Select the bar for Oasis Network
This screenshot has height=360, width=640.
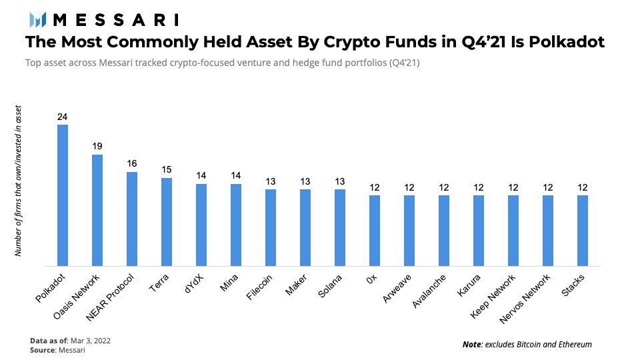coord(97,210)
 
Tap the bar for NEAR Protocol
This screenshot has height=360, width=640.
coord(131,219)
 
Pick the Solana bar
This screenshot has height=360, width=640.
coord(339,227)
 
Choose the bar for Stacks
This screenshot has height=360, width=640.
coord(582,230)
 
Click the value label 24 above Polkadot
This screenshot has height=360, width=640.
coord(62,117)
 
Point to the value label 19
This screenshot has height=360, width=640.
coord(97,146)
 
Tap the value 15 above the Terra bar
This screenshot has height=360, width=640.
coord(166,169)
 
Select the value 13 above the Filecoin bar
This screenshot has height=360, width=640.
coord(270,181)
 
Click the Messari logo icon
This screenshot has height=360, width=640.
coord(33,19)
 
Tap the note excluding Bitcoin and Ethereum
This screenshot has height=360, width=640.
coord(527,344)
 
